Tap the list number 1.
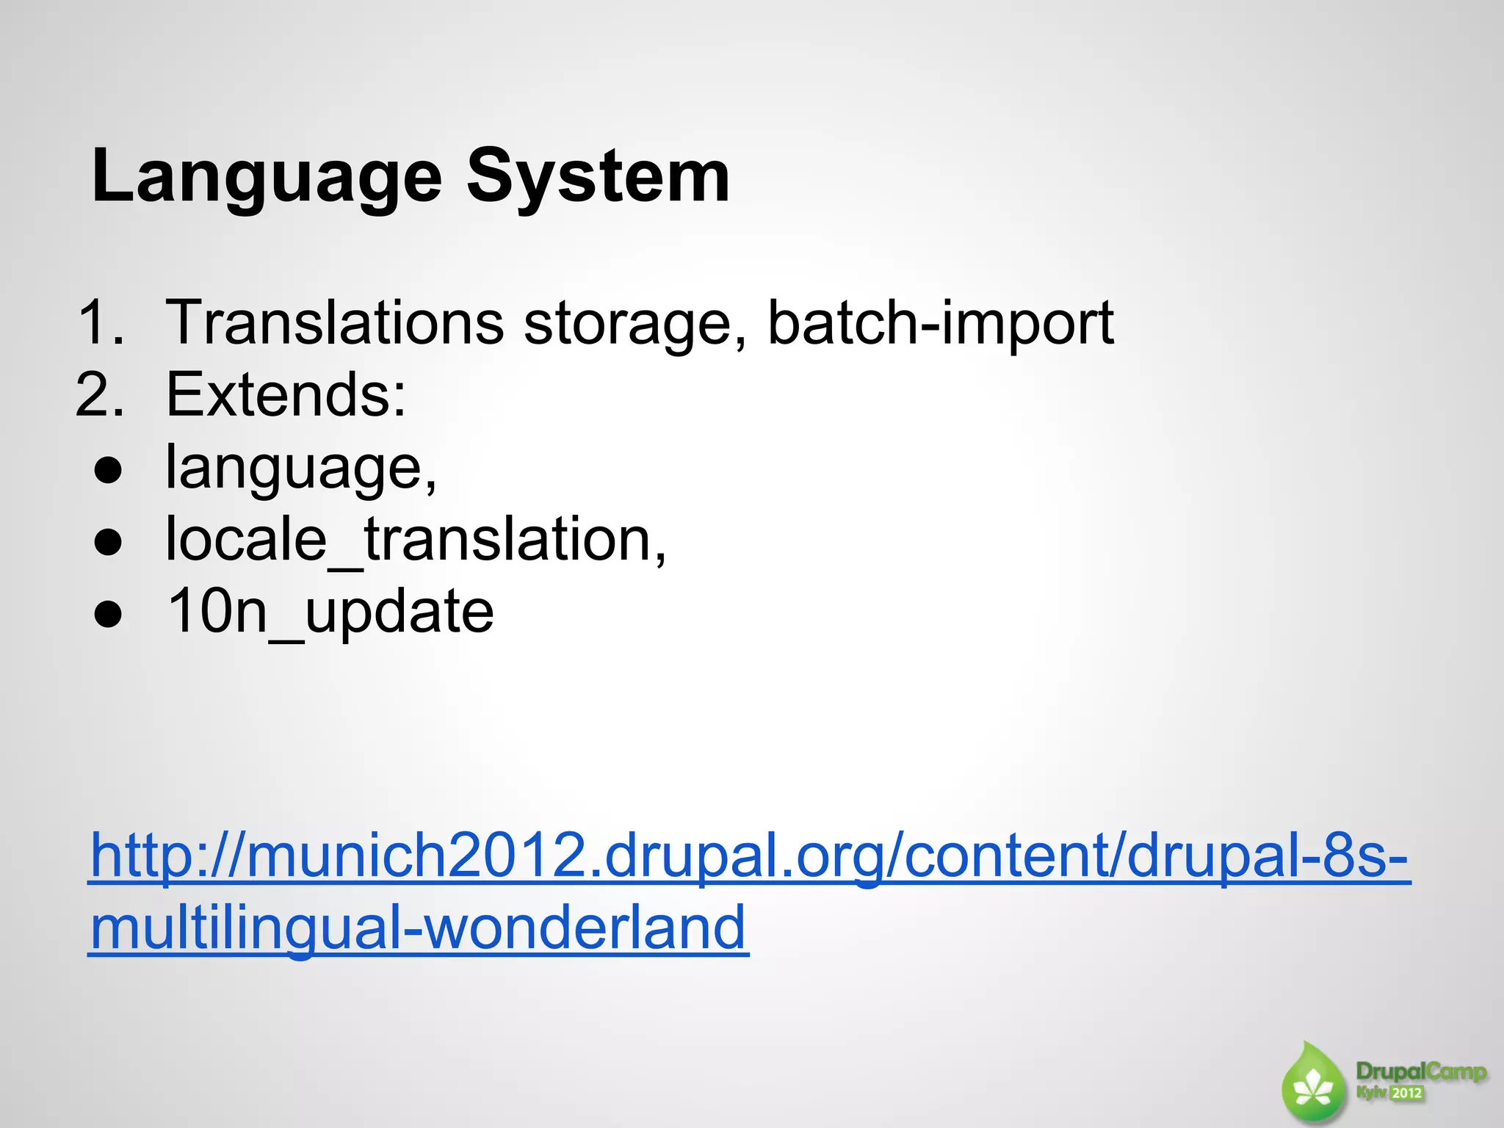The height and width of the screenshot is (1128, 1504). (100, 322)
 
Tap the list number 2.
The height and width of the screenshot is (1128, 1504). (100, 394)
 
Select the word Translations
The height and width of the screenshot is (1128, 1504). (335, 322)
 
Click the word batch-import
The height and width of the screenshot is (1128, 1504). (940, 324)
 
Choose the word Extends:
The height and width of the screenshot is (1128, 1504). (286, 394)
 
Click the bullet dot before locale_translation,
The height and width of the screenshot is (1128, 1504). (107, 543)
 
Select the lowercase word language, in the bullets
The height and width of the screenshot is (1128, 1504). (301, 469)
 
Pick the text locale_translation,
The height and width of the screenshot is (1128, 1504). (416, 540)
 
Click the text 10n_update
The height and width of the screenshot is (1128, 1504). (330, 612)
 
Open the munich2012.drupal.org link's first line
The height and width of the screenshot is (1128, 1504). (749, 856)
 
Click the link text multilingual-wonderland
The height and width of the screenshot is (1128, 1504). (418, 927)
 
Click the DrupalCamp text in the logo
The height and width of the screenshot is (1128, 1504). (1420, 1072)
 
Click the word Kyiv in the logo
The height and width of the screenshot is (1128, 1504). (1371, 1093)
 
